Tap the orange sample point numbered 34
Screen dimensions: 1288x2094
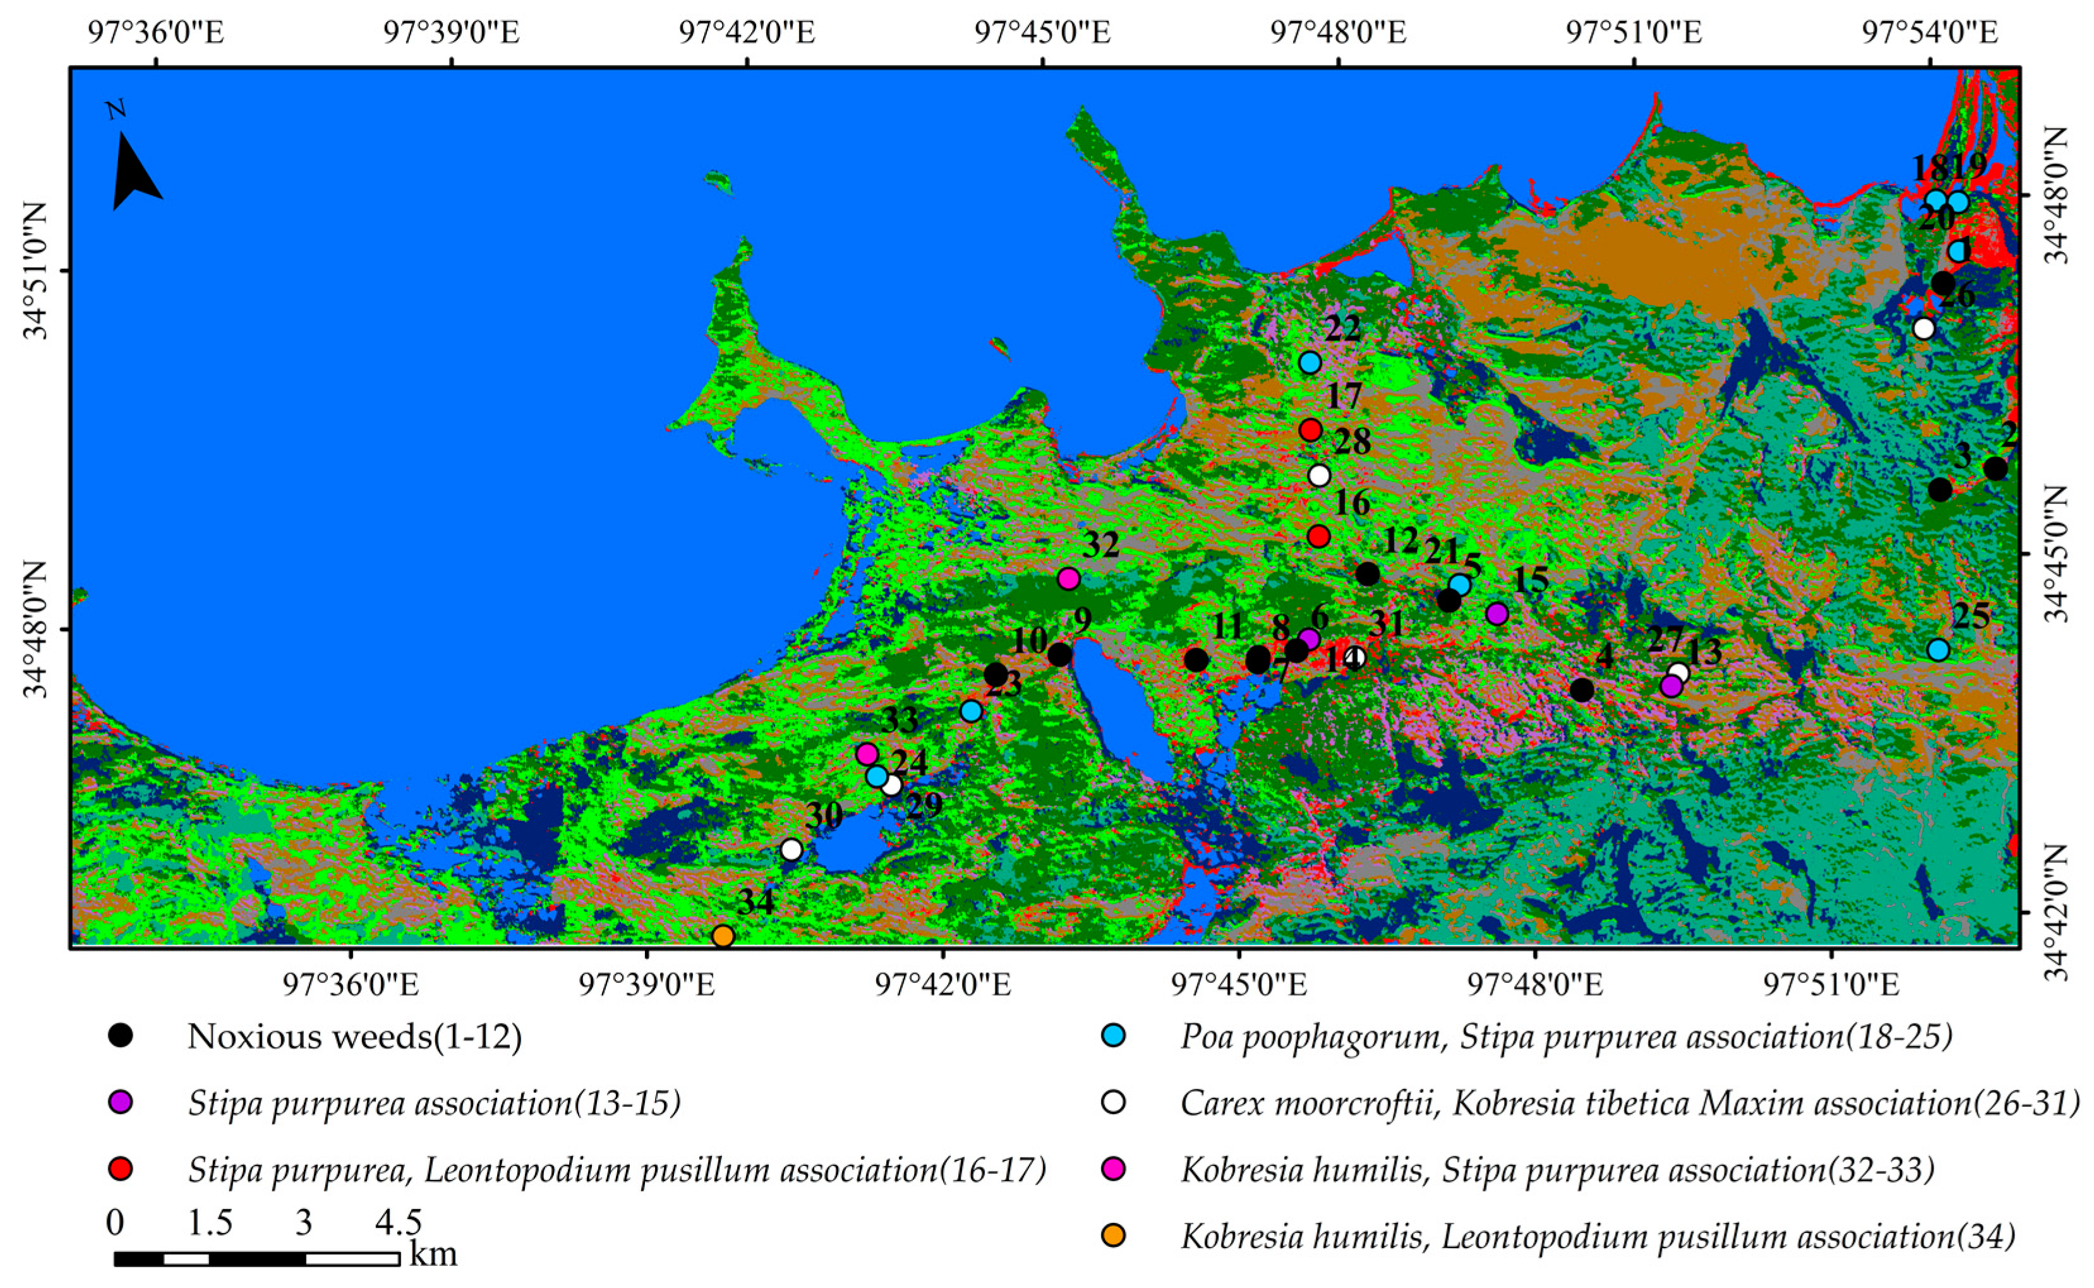722,936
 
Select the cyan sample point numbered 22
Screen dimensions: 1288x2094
1309,363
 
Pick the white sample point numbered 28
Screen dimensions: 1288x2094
1319,475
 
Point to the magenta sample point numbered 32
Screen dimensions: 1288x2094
1069,579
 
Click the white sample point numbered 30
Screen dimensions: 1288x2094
791,849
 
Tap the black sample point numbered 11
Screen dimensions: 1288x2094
1196,659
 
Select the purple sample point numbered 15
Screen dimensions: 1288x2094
1496,613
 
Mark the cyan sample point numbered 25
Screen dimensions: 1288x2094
1938,650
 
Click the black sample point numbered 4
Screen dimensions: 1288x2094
1581,690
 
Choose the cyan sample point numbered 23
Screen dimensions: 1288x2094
971,711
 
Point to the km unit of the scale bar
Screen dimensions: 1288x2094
433,1255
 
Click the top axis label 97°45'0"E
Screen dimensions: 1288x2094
1042,32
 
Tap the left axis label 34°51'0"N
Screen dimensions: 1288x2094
36,271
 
